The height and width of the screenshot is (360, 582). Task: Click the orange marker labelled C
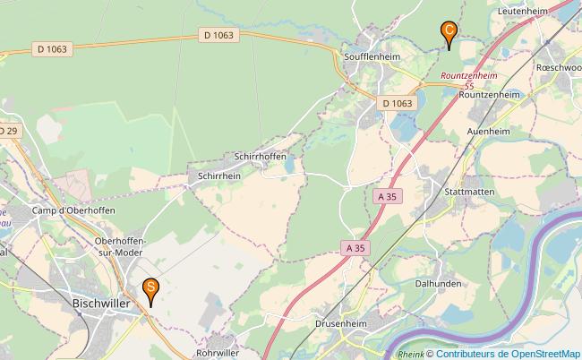point(449,31)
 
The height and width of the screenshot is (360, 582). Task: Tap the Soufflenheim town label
point(372,56)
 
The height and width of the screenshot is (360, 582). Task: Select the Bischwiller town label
point(101,304)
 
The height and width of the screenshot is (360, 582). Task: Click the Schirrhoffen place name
point(260,156)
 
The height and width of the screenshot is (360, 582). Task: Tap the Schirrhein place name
point(218,176)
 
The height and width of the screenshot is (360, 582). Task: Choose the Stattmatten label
point(469,192)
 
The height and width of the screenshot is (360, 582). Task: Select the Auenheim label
point(489,131)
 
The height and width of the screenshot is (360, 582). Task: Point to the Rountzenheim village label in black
point(489,93)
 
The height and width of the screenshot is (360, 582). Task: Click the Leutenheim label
point(522,11)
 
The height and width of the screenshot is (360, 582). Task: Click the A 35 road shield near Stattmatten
point(387,195)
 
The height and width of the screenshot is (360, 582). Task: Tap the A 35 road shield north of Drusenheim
point(355,247)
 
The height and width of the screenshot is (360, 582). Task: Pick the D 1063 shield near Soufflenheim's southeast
point(398,103)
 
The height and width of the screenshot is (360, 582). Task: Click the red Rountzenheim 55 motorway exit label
point(469,81)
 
